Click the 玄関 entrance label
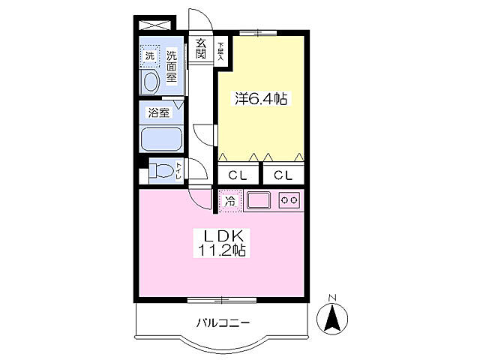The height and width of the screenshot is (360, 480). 201,49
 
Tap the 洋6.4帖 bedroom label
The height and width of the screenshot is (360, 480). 260,98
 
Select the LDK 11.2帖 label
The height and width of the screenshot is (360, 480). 221,241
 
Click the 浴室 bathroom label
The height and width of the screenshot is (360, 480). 158,113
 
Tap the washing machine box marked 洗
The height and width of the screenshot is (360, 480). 150,55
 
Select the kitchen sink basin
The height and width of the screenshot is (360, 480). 259,200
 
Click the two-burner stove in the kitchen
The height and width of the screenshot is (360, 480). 289,200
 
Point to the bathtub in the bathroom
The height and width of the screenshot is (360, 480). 160,140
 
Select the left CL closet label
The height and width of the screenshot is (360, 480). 238,175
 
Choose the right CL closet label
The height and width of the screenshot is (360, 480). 283,175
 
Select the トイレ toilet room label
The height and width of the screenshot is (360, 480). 178,172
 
